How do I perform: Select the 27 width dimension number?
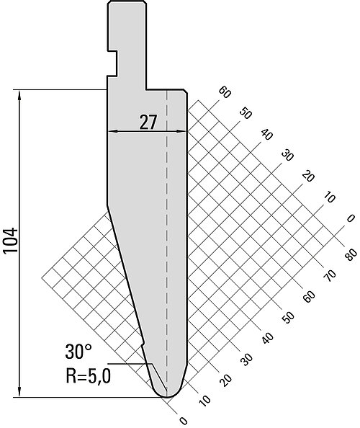[148, 122]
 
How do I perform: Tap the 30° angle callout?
[78, 352]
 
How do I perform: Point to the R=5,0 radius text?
[88, 375]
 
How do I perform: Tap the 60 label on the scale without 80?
[225, 93]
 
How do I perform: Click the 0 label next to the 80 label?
[351, 218]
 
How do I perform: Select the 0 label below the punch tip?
[184, 421]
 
